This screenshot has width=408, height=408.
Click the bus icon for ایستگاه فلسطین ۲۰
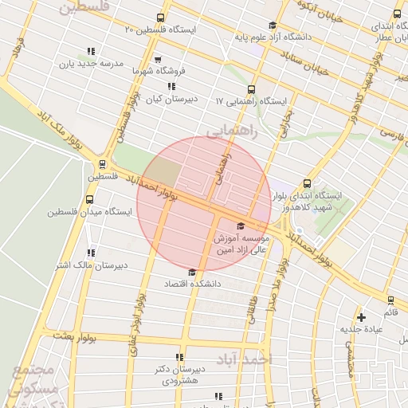click(x=161, y=18)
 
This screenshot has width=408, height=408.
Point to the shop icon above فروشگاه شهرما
click(x=158, y=59)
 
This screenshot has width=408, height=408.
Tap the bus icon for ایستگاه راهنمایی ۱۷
click(x=252, y=89)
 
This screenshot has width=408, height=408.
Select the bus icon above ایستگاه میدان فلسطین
click(x=88, y=200)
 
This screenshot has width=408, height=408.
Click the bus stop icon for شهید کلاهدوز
click(x=308, y=183)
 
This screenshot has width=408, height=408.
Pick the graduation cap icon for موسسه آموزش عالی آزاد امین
click(x=241, y=226)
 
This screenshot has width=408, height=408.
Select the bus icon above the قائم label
click(x=390, y=300)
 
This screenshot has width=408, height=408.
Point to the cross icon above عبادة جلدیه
click(x=361, y=316)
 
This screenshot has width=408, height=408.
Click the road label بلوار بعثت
click(x=76, y=337)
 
